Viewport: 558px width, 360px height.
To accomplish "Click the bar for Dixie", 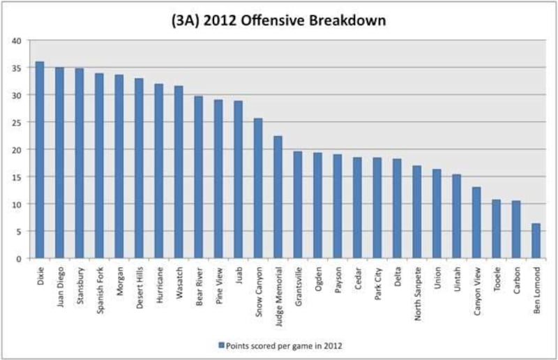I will (40, 160).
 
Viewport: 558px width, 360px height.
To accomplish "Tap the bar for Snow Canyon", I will (258, 188).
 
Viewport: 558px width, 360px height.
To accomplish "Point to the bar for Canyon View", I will (476, 223).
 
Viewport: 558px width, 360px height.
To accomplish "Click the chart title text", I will (279, 21).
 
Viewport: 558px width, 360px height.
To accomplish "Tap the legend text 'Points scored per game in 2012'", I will (282, 345).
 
